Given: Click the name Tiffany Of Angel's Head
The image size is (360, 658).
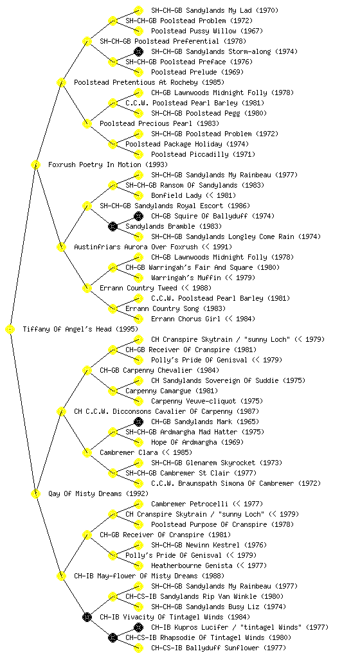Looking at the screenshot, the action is [x=68, y=329].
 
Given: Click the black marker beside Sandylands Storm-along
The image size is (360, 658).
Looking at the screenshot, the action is [x=138, y=51].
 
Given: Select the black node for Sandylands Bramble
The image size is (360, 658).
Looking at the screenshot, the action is [x=113, y=226].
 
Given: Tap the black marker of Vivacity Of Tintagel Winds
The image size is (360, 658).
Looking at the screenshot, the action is [x=87, y=617].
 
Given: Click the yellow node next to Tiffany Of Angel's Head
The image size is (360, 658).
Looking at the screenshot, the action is [x=10, y=329].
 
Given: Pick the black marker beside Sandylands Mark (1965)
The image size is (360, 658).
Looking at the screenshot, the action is [x=138, y=422].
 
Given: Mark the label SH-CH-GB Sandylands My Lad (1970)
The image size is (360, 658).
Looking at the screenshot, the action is [x=215, y=10].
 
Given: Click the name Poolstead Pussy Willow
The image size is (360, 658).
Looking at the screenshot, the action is [x=194, y=31].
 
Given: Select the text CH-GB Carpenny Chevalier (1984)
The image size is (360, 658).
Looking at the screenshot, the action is [x=159, y=370].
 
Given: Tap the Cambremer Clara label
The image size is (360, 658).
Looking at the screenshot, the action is [x=129, y=452].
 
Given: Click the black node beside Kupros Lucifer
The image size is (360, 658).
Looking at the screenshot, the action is [x=138, y=627].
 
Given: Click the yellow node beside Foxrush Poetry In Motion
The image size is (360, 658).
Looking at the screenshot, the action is [x=35, y=164].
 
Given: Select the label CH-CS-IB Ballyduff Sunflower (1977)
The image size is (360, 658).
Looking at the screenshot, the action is [x=219, y=648].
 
